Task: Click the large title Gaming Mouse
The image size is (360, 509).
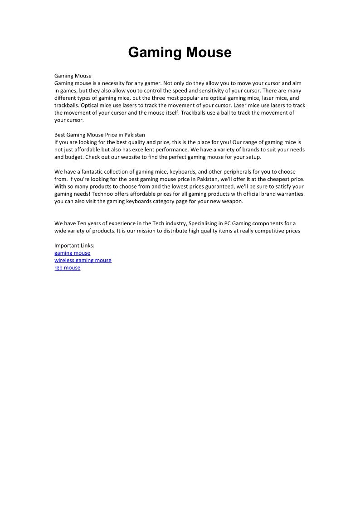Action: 180,53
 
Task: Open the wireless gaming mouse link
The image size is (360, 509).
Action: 83,260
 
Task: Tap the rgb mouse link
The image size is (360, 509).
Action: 67,267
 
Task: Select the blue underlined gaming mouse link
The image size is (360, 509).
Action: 72,253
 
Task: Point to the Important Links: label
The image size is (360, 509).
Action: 74,246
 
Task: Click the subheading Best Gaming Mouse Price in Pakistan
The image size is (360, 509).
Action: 100,135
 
